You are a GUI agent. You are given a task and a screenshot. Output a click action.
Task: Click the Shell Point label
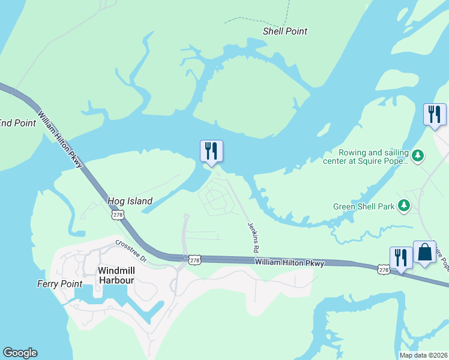coord(285,31)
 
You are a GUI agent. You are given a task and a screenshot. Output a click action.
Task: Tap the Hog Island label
coord(130,201)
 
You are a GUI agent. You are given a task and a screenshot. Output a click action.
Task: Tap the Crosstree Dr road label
coord(131,250)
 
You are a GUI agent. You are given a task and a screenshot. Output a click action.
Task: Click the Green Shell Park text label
coord(364,206)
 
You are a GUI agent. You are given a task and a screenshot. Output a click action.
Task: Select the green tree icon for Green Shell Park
coord(405,206)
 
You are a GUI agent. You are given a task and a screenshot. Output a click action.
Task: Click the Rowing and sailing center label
coord(373,157)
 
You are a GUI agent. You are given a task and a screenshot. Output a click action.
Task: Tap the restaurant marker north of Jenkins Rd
coord(211,151)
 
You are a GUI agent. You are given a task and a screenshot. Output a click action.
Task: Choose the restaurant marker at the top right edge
coord(435,115)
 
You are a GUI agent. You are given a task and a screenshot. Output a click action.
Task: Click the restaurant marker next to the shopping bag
coord(401,258)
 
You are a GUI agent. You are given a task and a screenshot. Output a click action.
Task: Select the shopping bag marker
coord(424,252)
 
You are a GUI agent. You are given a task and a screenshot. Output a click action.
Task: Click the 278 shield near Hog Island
coord(118,214)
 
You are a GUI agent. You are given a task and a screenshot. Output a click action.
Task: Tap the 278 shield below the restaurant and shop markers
coord(384,271)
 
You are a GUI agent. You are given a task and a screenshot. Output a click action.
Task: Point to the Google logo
coord(20,353)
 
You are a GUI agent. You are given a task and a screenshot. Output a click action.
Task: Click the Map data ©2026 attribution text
coord(423,355)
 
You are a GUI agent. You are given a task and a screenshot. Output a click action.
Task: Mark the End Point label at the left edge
coord(17,123)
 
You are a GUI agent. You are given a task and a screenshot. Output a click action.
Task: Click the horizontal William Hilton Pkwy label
coord(289,263)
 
